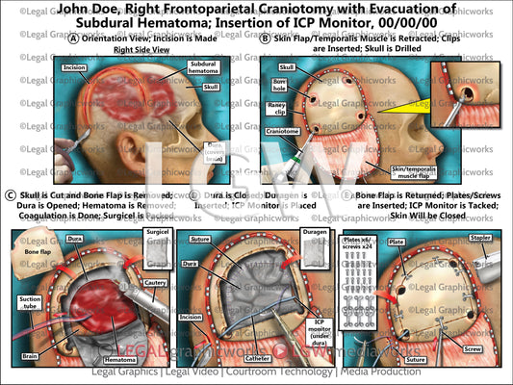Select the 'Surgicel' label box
coord(157,237)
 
